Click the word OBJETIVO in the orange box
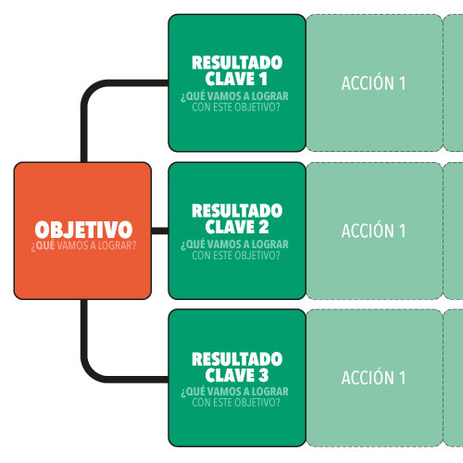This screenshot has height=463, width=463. click(x=83, y=230)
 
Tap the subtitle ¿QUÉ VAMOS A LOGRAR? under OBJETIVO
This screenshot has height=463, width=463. click(x=83, y=246)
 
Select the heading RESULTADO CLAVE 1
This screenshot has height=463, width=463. click(x=237, y=70)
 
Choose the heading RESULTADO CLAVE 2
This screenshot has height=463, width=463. click(x=237, y=219)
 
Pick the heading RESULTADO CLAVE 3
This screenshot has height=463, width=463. click(x=237, y=367)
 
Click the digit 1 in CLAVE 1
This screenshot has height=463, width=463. click(x=263, y=79)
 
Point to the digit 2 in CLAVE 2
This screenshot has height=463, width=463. click(x=264, y=227)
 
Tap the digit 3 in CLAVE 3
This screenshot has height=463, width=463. click(x=264, y=375)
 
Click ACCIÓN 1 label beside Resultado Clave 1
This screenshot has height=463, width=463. click(x=373, y=82)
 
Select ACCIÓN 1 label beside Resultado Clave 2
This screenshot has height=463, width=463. click(x=373, y=230)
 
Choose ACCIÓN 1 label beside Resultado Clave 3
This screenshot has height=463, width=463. click(x=373, y=377)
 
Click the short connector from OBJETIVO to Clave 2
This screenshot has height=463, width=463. click(x=160, y=231)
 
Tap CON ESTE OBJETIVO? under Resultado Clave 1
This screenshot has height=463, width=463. click(x=236, y=107)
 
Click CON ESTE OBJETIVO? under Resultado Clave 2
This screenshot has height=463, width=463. click(x=236, y=256)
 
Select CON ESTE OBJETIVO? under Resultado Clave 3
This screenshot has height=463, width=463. click(x=236, y=403)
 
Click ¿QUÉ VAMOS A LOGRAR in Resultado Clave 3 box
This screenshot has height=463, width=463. click(x=234, y=392)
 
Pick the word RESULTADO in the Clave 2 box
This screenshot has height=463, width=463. click(x=237, y=211)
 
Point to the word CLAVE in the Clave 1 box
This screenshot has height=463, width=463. click(x=230, y=79)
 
